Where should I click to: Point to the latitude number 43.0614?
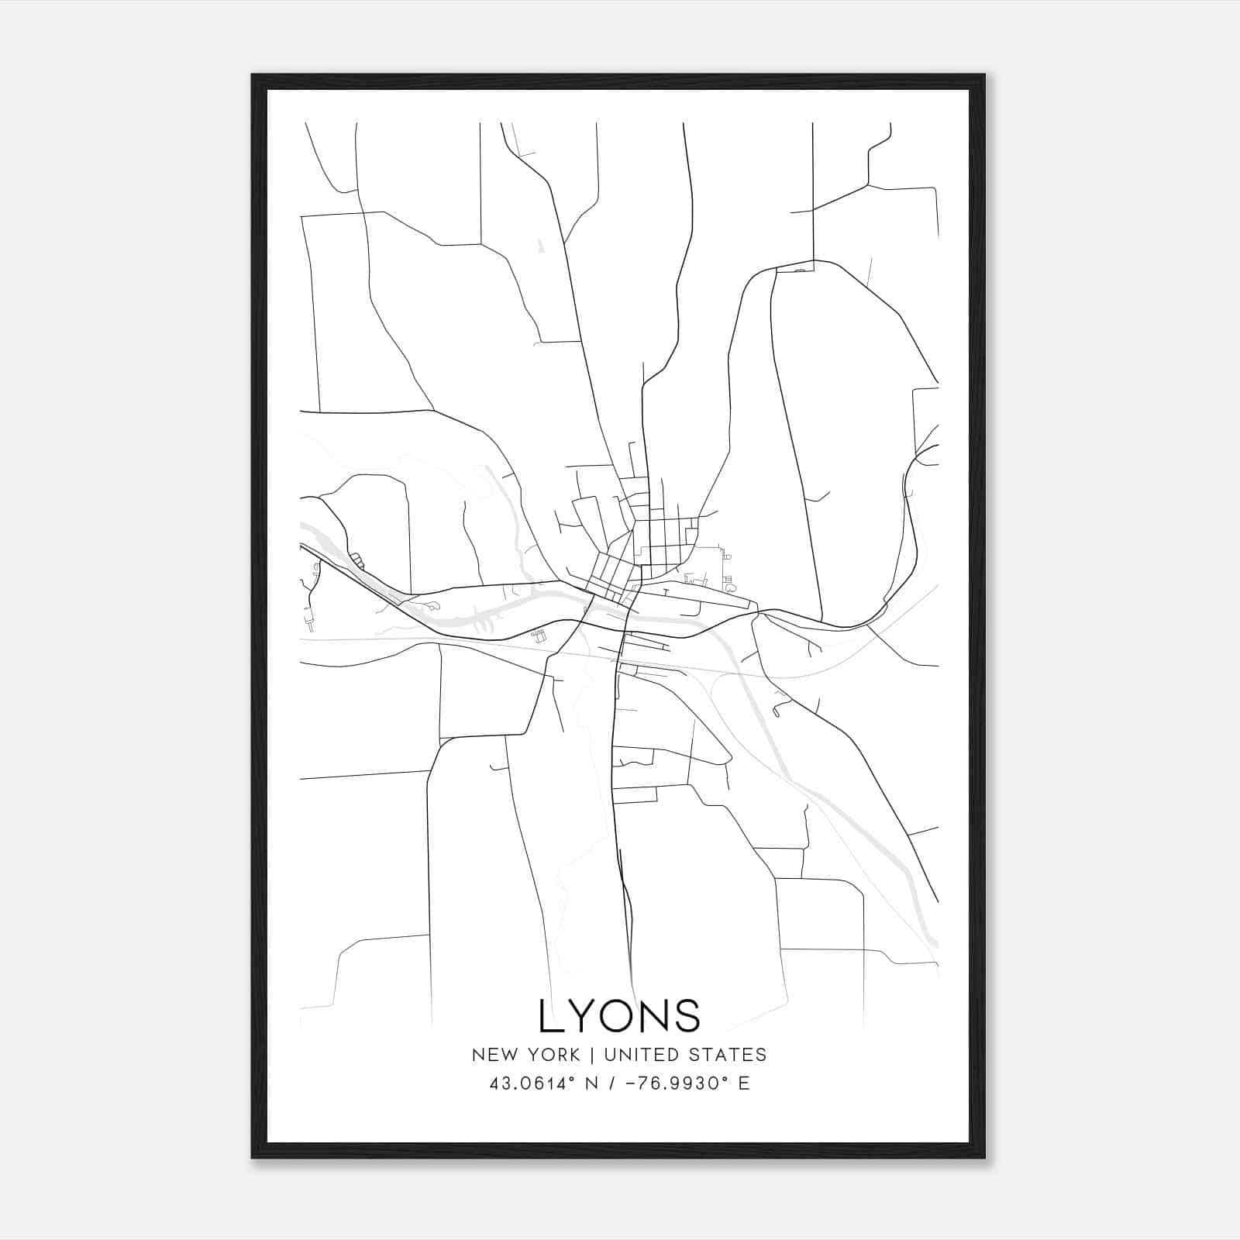click(526, 1083)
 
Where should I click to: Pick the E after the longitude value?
click(744, 1083)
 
